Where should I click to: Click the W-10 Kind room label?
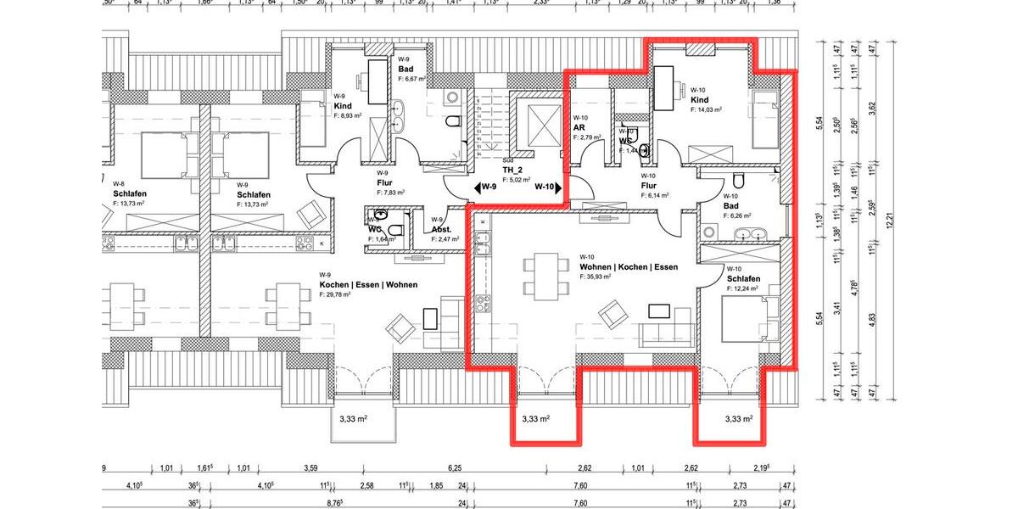click(699, 99)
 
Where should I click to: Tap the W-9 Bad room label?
click(406, 68)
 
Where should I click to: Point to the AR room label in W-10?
click(580, 127)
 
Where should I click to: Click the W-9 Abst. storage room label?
click(442, 230)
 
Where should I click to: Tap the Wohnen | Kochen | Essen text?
click(629, 266)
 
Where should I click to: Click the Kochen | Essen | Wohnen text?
click(368, 284)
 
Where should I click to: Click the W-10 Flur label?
click(649, 185)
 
